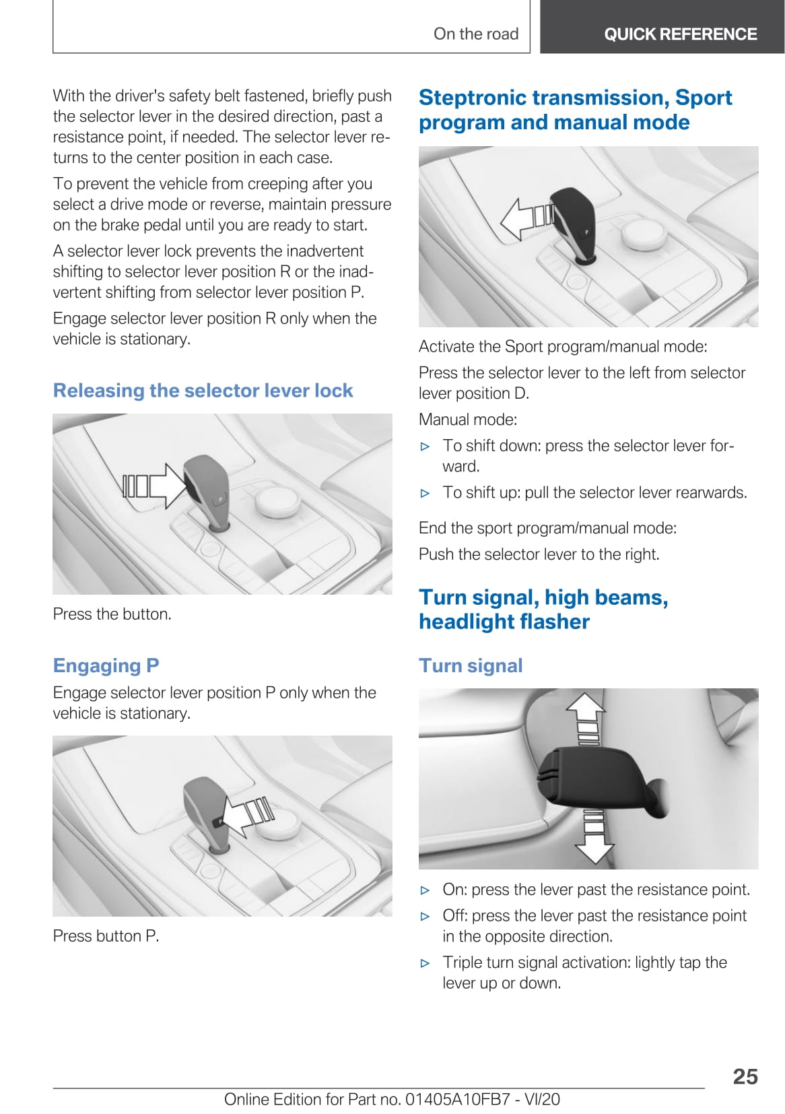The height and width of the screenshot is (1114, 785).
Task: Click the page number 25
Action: tap(745, 1076)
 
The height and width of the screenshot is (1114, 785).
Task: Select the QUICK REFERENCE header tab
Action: tap(680, 34)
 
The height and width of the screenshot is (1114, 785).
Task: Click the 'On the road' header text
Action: tap(475, 34)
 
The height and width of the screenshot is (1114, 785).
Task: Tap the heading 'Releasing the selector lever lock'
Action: tap(203, 391)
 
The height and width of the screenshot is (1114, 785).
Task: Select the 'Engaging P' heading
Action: tap(106, 665)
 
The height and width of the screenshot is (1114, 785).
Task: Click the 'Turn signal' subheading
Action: tap(471, 665)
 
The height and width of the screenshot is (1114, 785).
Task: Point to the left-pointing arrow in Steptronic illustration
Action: tap(525, 218)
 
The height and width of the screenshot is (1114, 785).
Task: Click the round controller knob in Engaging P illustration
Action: tap(277, 824)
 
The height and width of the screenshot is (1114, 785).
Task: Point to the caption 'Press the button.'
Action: tap(112, 614)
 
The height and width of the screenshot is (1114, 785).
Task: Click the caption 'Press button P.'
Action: tap(106, 936)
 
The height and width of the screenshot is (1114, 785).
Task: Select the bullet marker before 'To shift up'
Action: tap(425, 493)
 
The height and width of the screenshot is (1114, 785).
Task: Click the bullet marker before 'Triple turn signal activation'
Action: tap(425, 963)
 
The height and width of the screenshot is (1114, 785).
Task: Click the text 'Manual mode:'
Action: tap(467, 420)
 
